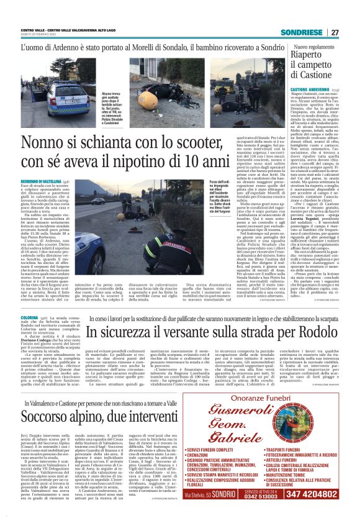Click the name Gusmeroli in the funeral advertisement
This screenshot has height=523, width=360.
point(269,410)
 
